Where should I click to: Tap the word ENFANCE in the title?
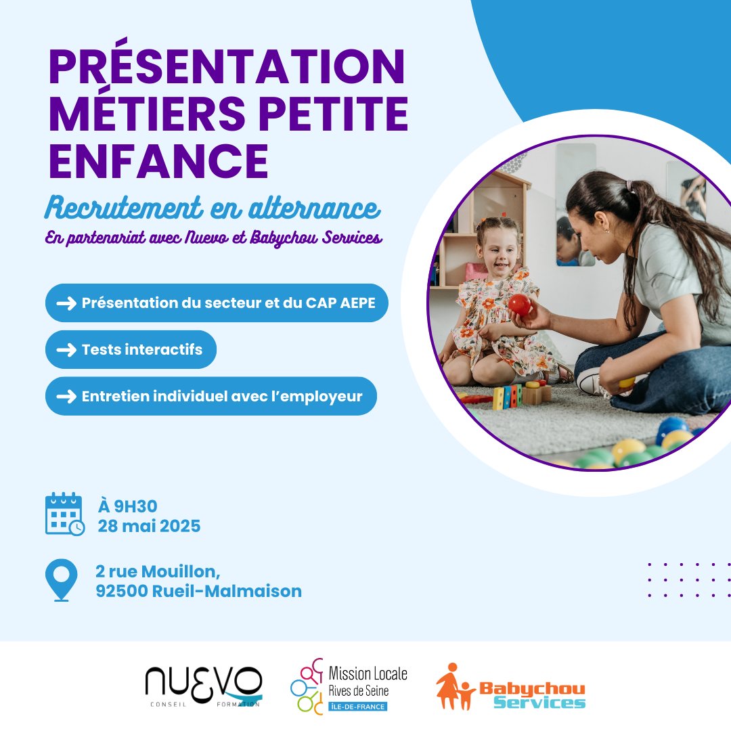pos(158,160)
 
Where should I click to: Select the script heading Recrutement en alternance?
pos(212,208)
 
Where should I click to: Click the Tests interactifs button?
pos(131,350)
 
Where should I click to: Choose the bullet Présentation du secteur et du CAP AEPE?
pos(217,303)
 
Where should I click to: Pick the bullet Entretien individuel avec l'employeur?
pos(211,397)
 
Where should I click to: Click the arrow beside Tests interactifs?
pos(66,350)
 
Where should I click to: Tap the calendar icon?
pos(64,514)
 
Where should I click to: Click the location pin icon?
pos(61,579)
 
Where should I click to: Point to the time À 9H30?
pos(128,506)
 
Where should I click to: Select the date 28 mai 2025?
pos(149,526)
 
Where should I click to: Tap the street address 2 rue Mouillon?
pos(158,571)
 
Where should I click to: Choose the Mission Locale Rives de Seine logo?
pos(349,686)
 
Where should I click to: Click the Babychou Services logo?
pos(511,686)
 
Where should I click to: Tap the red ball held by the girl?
pos(520,305)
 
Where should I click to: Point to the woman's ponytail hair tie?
pos(630,185)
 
